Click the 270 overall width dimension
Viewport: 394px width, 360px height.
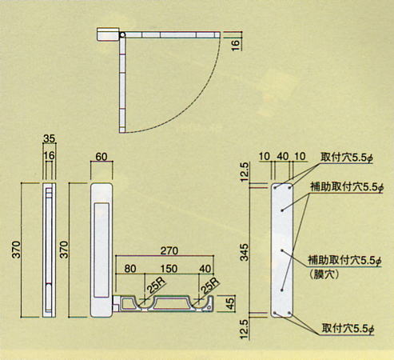coord(169,250)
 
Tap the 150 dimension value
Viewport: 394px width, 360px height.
coord(169,269)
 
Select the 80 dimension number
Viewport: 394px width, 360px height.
coord(130,269)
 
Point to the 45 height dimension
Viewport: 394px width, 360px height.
coord(230,303)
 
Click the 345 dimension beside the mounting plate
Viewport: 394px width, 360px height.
coord(244,252)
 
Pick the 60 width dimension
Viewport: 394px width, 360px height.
coord(101,157)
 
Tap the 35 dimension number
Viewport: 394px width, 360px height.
coord(49,138)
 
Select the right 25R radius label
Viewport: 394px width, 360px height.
coord(209,286)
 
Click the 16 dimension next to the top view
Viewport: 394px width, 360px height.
coord(236,45)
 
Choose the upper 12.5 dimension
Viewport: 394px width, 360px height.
coord(245,172)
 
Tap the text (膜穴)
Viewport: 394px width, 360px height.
coord(324,274)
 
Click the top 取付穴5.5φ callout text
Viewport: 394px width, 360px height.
coord(347,158)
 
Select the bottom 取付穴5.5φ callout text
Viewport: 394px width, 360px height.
coord(348,329)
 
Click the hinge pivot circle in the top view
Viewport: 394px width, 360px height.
coord(122,35)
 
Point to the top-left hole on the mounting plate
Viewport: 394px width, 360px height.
coord(275,188)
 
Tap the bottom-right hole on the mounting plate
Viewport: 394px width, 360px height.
coord(289,313)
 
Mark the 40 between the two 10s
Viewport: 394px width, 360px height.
coord(283,157)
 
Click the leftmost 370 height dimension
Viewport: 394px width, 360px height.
coord(16,250)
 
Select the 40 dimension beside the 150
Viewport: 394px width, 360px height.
coord(205,269)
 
